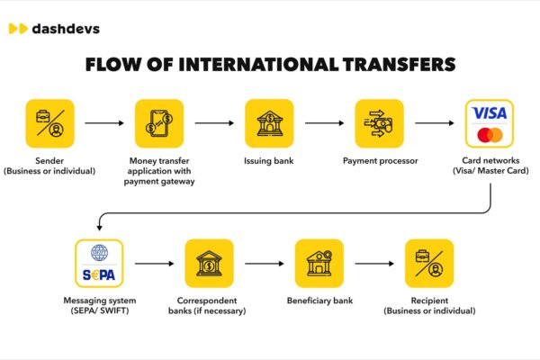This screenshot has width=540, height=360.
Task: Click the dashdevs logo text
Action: pos(66,29)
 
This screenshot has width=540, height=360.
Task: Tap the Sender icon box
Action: pos(49,123)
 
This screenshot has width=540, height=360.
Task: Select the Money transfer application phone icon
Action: pos(159,123)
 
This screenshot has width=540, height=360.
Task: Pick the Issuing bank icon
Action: pos(269,123)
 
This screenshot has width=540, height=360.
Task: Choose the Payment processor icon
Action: pos(379,123)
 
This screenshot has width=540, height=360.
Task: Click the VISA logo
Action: pos(490,113)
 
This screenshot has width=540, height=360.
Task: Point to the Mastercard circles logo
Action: pos(490,135)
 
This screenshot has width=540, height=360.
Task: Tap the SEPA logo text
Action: pos(99,274)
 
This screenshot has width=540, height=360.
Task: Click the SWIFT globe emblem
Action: pos(99,253)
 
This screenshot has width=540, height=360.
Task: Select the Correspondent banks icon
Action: pos(209,264)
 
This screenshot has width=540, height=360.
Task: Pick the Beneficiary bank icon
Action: pos(319,264)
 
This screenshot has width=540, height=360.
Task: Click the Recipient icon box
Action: pos(429,264)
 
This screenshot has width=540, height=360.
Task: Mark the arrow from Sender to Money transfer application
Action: pos(104,123)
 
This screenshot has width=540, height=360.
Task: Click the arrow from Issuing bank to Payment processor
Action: pos(324,123)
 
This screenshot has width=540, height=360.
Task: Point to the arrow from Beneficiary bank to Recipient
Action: pos(374,264)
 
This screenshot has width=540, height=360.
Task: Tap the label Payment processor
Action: pos(380,161)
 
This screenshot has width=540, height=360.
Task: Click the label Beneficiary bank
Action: pos(319,301)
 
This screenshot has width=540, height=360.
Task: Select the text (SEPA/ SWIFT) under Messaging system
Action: pos(100,310)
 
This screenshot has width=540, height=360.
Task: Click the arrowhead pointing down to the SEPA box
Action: pos(100,228)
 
